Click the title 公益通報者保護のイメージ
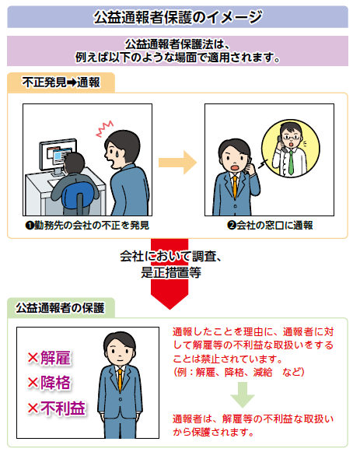pos(178,17)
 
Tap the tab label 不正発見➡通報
pos(61,82)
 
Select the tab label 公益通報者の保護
pos(60,307)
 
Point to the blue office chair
pos(77,196)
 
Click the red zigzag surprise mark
pos(104,128)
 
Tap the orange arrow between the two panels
pos(177,163)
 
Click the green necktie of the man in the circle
pos(291,163)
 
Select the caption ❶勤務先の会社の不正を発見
pos(87,225)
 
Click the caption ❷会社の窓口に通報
pos(270,225)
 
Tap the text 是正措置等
pos(171,272)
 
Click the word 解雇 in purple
pos(55,358)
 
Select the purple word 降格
pos(55,383)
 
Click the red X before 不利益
pos(33,408)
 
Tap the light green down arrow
pos(243,395)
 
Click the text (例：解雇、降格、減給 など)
pos(239,372)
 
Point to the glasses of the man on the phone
pos(292,137)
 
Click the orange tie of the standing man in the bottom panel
pos(120,380)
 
